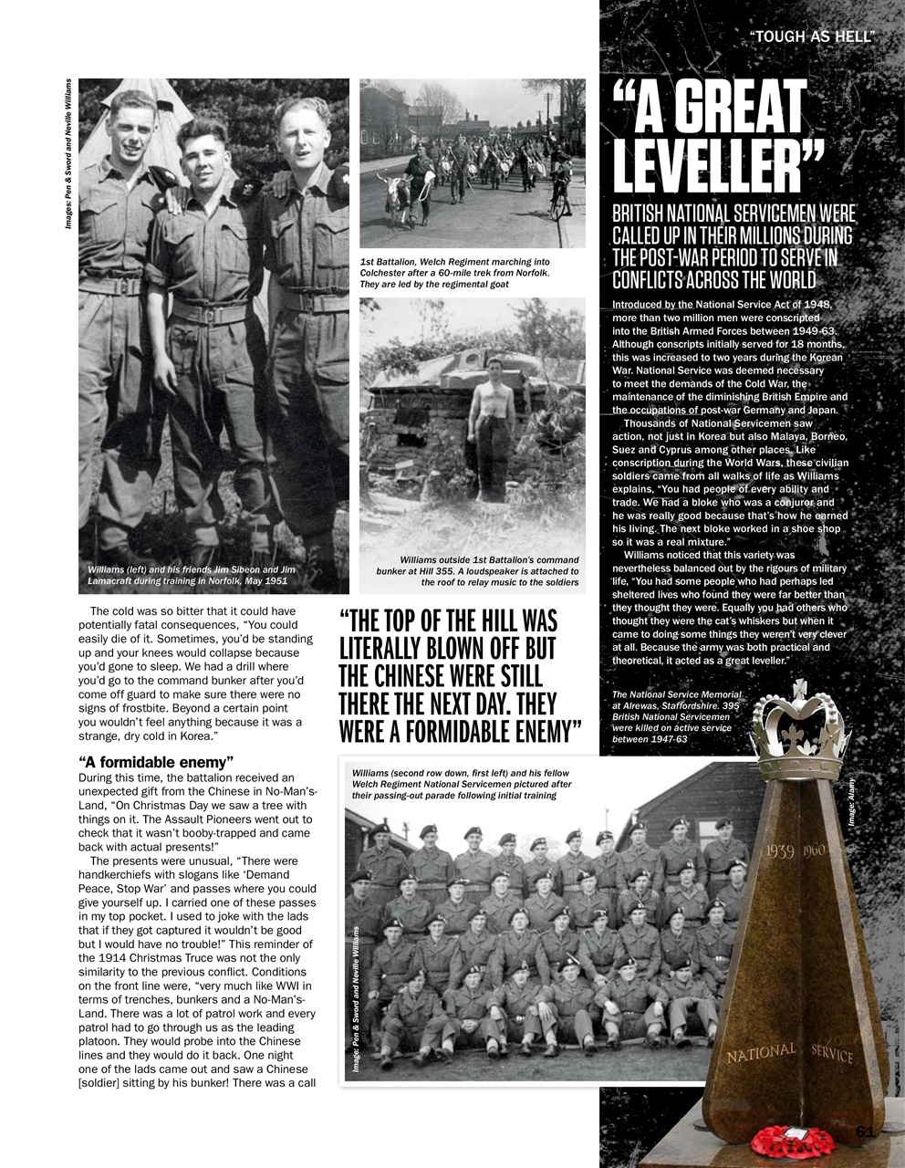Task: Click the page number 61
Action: [x=866, y=1131]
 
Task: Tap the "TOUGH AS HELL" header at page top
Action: [x=811, y=36]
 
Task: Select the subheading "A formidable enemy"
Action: [x=157, y=761]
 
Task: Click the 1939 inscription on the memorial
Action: [x=780, y=851]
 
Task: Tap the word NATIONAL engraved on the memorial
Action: [x=761, y=1053]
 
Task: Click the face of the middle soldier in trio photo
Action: [x=205, y=152]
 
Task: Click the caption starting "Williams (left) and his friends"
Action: [x=187, y=575]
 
